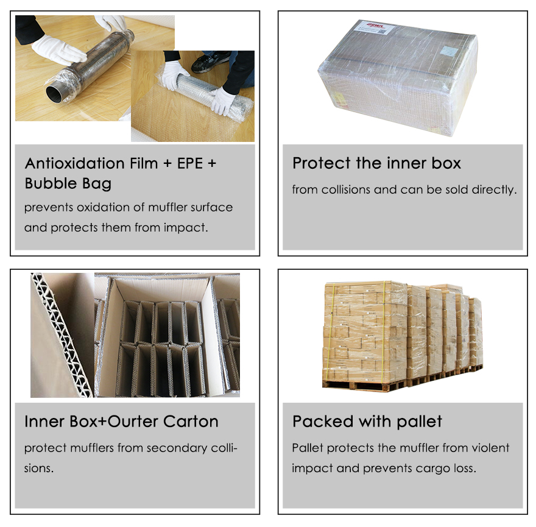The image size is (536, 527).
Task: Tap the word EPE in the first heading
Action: [x=190, y=163]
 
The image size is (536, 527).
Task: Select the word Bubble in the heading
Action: [x=51, y=183]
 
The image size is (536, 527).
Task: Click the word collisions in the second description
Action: [x=345, y=189]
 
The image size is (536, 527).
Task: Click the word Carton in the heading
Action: [x=191, y=422]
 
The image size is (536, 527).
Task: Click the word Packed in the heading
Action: [x=323, y=422]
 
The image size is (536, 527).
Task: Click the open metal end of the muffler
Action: [x=55, y=94]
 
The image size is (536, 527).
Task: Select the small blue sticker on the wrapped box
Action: [x=448, y=51]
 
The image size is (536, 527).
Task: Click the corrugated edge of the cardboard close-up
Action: [x=62, y=334]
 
